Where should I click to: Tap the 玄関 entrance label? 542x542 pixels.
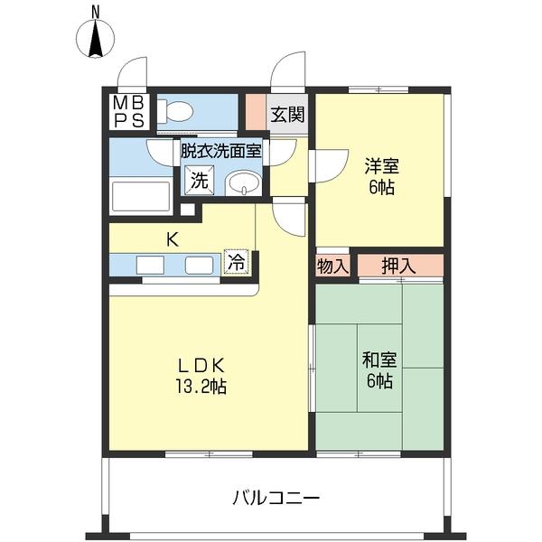pos(288,115)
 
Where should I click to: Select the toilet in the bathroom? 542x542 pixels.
pos(177,112)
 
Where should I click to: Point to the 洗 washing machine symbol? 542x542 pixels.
pos(198,180)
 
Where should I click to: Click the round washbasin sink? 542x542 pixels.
pos(242,183)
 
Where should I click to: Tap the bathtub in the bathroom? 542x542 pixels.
pos(140,197)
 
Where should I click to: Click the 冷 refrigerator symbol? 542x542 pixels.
pos(235,263)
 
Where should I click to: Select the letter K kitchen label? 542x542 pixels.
pos(171,239)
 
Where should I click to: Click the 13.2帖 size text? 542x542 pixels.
pos(201,387)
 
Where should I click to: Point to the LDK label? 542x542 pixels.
pos(201,366)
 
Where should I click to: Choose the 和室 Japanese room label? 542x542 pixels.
pos(378,360)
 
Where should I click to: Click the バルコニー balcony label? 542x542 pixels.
pos(276,498)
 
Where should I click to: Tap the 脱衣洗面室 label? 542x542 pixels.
pos(220,151)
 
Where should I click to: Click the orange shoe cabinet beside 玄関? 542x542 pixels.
pos(257,113)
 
